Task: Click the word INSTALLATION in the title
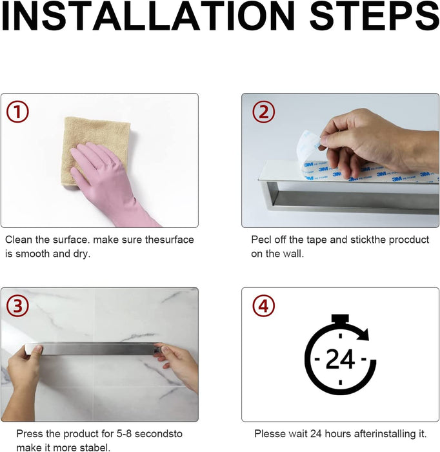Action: point(148,16)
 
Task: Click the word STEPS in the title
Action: point(374,16)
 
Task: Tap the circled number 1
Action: point(17,112)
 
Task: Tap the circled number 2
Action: point(263,112)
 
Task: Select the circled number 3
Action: point(17,305)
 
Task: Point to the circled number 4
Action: point(263,305)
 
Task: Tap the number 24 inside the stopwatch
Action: point(340,359)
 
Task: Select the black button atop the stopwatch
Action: point(340,318)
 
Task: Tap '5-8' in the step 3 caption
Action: point(124,434)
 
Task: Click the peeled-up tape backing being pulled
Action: point(308,147)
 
